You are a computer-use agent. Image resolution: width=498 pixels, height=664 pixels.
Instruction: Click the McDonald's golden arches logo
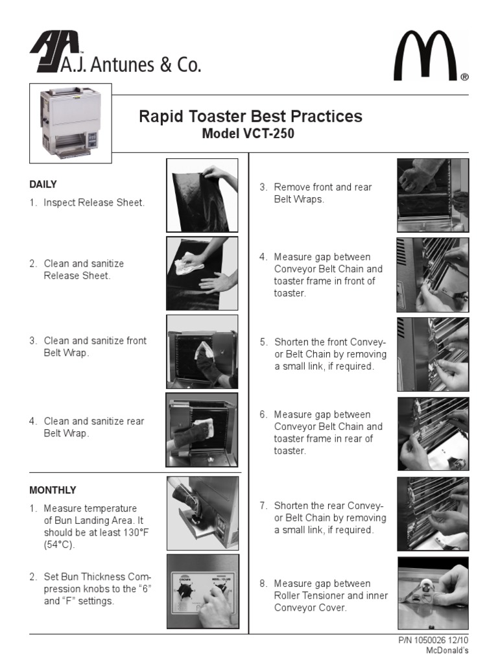pyautogui.click(x=425, y=56)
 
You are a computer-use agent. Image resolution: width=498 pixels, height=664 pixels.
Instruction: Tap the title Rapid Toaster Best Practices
pyautogui.click(x=251, y=117)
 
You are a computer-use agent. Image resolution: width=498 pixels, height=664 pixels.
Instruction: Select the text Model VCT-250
pyautogui.click(x=248, y=134)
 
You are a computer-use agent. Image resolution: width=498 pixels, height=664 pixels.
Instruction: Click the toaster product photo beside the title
pyautogui.click(x=70, y=123)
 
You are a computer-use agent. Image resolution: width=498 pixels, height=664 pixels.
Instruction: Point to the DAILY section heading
pyautogui.click(x=43, y=184)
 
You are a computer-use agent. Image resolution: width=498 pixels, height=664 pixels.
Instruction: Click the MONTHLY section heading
pyautogui.click(x=53, y=490)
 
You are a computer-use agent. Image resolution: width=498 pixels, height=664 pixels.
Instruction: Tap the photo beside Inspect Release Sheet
pyautogui.click(x=202, y=195)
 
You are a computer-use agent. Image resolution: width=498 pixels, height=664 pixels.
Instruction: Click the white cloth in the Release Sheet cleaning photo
pyautogui.click(x=189, y=263)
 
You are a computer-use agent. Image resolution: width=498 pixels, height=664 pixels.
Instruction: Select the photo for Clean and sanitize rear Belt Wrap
pyautogui.click(x=202, y=430)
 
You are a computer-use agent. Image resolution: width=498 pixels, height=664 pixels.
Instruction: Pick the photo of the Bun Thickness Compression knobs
pyautogui.click(x=203, y=591)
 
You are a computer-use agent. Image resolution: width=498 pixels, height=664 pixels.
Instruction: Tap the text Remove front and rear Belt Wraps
pyautogui.click(x=323, y=193)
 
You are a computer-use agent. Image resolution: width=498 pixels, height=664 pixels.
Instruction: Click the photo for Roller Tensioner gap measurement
pyautogui.click(x=433, y=593)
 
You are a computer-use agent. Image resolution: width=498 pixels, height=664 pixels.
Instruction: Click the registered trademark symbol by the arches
pyautogui.click(x=464, y=77)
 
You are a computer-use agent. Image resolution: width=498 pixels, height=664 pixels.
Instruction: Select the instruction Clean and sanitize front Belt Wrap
pyautogui.click(x=95, y=347)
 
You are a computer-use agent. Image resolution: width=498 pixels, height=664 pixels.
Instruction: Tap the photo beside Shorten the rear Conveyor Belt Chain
pyautogui.click(x=433, y=514)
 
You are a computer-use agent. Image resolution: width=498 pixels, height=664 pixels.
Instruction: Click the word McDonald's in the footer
pyautogui.click(x=447, y=650)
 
